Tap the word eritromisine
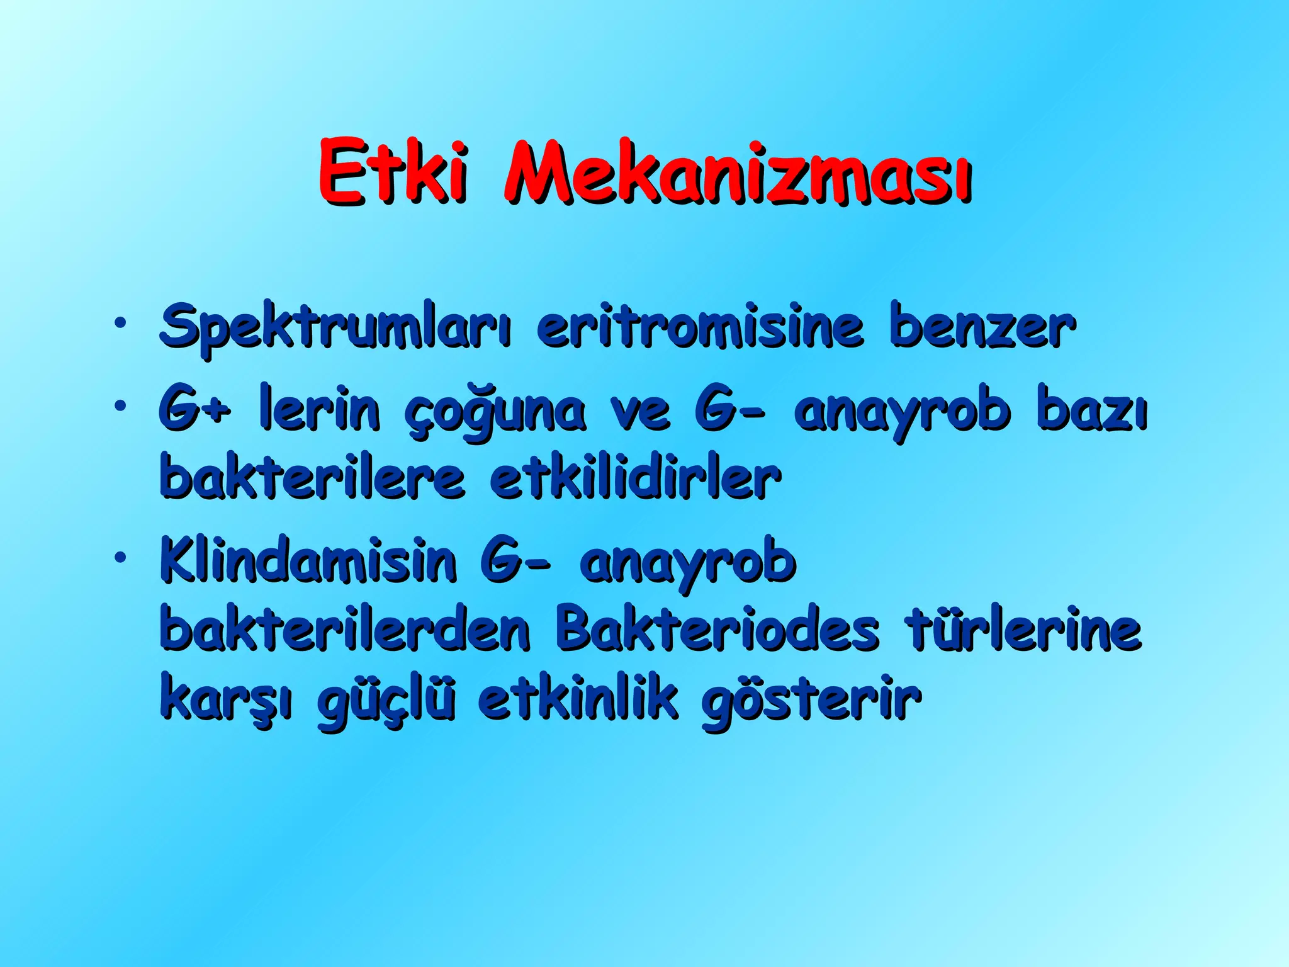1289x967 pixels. pos(699,327)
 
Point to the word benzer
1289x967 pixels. pos(982,328)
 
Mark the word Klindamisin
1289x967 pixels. pos(308,561)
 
